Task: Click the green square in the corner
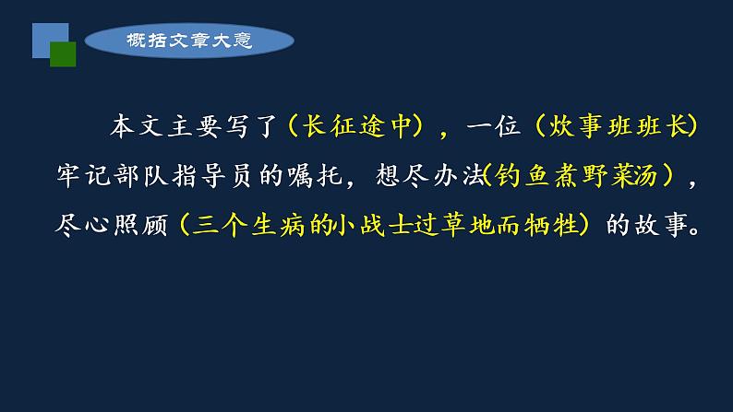tap(62, 54)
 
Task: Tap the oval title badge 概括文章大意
tap(188, 41)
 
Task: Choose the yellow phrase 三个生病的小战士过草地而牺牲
tap(385, 225)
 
